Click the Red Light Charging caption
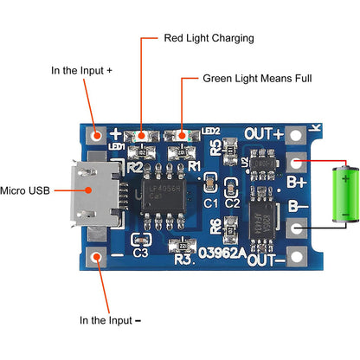click(x=209, y=39)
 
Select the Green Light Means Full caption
click(x=257, y=78)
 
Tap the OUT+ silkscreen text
click(x=265, y=133)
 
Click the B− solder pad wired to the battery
click(x=297, y=228)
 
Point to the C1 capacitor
click(x=209, y=183)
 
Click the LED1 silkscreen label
click(x=117, y=146)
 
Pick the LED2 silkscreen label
click(x=210, y=132)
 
